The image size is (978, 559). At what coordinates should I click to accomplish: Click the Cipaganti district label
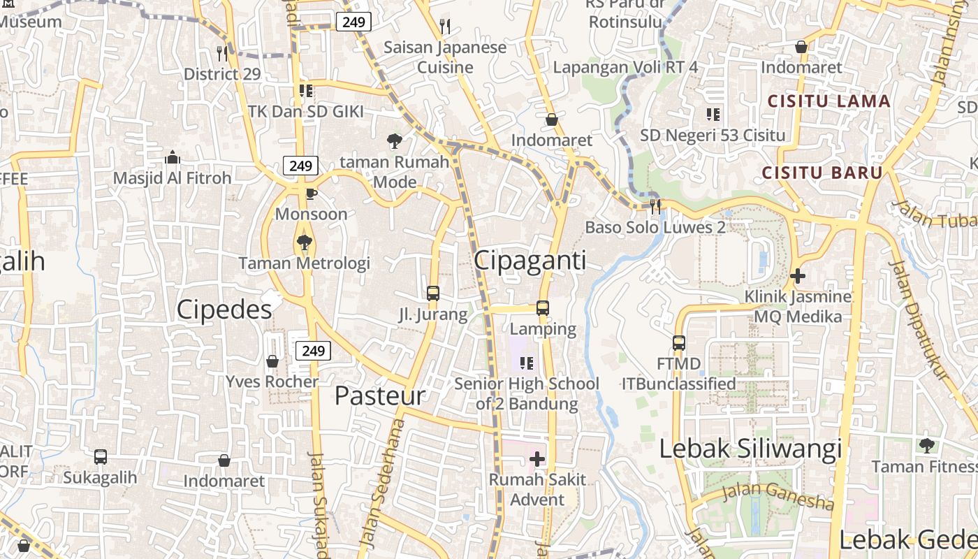[530, 260]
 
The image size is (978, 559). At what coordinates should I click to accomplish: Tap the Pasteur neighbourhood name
[379, 395]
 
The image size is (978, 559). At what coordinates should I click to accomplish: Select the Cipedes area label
[224, 309]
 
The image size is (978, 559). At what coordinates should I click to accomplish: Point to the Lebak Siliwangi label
[751, 449]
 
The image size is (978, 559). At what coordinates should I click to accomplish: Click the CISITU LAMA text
[829, 101]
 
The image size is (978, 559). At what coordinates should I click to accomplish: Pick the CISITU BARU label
[822, 173]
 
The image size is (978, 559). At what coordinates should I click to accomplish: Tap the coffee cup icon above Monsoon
[311, 194]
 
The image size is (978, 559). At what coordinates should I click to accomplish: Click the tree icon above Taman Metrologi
[304, 242]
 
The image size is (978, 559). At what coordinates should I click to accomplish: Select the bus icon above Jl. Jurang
[433, 293]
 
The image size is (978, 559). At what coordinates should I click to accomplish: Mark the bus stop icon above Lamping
[543, 307]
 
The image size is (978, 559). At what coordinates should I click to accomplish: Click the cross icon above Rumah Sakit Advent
[537, 459]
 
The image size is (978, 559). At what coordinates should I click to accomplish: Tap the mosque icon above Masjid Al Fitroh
[172, 157]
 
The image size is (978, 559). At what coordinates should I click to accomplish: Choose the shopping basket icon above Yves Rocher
[272, 361]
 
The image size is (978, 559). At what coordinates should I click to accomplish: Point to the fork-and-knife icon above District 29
[222, 53]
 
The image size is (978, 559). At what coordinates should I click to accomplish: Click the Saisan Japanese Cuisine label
[445, 57]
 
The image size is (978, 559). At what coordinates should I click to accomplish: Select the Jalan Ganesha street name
[778, 495]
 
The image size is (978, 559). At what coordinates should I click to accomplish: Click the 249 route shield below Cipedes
[312, 351]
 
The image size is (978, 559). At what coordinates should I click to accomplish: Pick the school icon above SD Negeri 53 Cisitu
[713, 114]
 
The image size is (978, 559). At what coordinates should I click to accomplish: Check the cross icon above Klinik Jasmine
[797, 276]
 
